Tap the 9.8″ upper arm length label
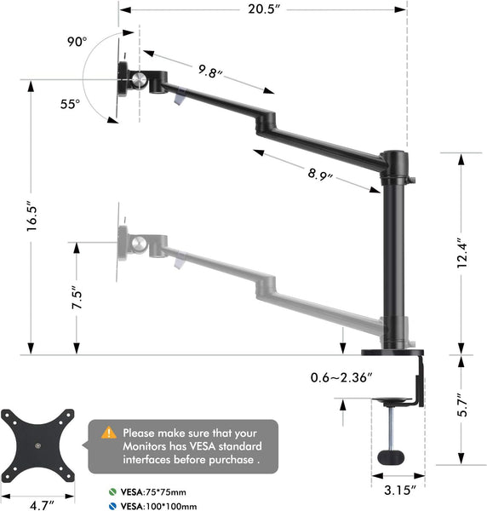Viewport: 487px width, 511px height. [x=208, y=72]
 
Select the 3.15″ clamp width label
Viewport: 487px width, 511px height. [x=398, y=490]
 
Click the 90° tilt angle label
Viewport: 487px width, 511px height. [x=78, y=40]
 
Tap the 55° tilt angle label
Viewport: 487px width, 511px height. [x=70, y=104]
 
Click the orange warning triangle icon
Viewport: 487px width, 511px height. [x=109, y=433]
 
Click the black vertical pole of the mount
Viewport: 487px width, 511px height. [x=395, y=255]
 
